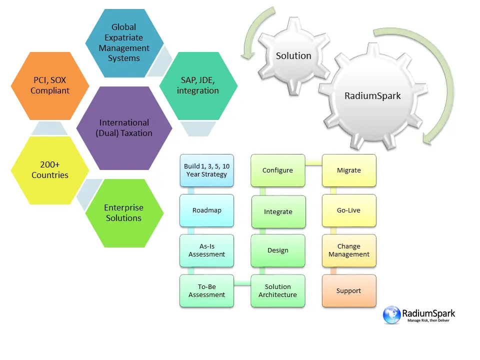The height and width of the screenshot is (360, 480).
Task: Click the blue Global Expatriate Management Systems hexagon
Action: [124, 42]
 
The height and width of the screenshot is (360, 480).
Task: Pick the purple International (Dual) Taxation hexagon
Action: [124, 128]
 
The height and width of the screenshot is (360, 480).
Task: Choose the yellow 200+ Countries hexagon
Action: [50, 170]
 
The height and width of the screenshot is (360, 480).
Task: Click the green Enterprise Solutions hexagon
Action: [124, 213]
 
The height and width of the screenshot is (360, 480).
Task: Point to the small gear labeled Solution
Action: [293, 56]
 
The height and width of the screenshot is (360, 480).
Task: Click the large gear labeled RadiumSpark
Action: [372, 95]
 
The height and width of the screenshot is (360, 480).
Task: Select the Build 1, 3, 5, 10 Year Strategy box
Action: [206, 170]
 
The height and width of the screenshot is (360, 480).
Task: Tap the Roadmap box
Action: [206, 210]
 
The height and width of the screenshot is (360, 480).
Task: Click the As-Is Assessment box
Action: [206, 250]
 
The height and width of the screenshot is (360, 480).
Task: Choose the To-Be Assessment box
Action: [206, 290]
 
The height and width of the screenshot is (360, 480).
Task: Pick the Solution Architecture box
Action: [277, 290]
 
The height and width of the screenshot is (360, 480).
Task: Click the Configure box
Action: [277, 170]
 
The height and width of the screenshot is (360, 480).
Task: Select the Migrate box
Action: [348, 170]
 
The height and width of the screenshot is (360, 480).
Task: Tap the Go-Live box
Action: [348, 210]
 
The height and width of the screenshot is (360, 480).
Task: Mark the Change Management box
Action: [348, 250]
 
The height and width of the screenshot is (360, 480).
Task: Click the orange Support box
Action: [348, 290]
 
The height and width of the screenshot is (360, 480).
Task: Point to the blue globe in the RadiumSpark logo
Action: [392, 315]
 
